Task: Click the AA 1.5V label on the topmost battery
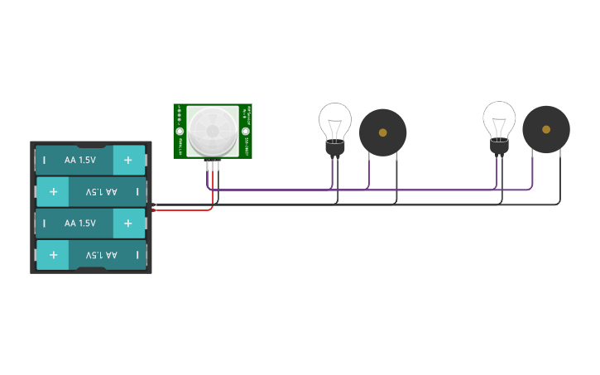point(80,160)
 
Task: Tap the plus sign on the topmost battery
point(128,160)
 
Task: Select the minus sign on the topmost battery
point(44,160)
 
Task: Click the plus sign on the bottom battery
point(53,255)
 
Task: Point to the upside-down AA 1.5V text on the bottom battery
point(101,255)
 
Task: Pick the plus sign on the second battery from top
point(53,191)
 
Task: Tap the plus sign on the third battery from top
point(128,224)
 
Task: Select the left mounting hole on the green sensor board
point(180,130)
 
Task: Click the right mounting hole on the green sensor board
point(245,130)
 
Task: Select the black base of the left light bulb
point(334,148)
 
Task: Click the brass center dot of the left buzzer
point(382,132)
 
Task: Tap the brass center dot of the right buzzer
point(545,129)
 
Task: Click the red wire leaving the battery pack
point(182,209)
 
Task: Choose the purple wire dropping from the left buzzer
point(368,172)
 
